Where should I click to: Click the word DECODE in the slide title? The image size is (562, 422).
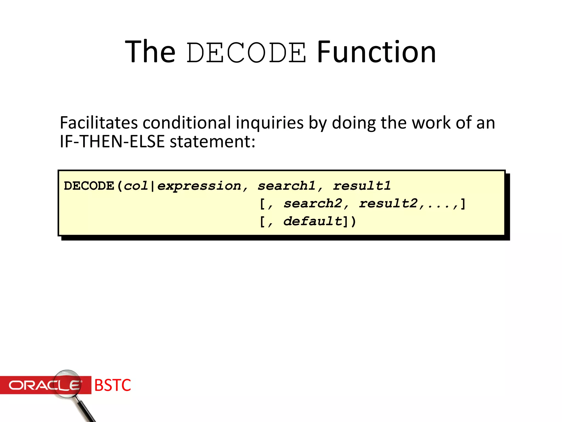click(x=246, y=52)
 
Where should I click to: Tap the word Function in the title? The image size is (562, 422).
click(x=376, y=52)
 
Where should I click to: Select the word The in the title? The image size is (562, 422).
click(x=150, y=52)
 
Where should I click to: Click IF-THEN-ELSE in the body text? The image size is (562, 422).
click(x=112, y=142)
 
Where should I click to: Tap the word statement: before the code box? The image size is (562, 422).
click(x=212, y=142)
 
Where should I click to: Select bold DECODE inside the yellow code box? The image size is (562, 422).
click(x=89, y=186)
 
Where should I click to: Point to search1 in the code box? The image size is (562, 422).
click(x=286, y=186)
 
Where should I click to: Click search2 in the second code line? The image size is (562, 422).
click(x=313, y=204)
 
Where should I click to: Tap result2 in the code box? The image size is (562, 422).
click(x=388, y=204)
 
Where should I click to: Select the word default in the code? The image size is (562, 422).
click(x=313, y=221)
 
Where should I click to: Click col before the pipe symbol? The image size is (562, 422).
click(x=136, y=186)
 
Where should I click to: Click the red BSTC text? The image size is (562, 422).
click(x=113, y=385)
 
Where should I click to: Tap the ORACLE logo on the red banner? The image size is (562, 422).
click(x=44, y=385)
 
